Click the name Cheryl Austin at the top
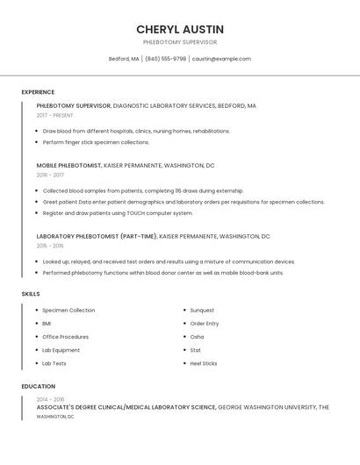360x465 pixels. click(x=180, y=29)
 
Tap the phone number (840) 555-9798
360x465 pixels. click(x=165, y=59)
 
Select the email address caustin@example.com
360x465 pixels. click(x=221, y=59)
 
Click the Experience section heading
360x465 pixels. click(x=38, y=92)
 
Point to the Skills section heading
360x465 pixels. click(x=31, y=294)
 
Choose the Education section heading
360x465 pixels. click(x=38, y=386)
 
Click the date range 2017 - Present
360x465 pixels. click(x=54, y=115)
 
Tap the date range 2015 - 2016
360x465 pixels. click(x=50, y=246)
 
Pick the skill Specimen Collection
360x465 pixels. click(x=68, y=311)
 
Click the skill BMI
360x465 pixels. click(x=47, y=324)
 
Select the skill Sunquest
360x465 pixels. click(x=202, y=311)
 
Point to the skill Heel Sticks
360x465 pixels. click(x=204, y=363)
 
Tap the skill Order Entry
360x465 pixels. click(x=205, y=324)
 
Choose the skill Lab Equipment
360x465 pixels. click(x=61, y=350)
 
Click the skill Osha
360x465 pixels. click(x=197, y=337)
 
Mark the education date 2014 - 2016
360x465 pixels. click(x=51, y=399)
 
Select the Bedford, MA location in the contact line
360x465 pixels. click(x=124, y=59)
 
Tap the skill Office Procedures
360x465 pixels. click(x=65, y=337)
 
